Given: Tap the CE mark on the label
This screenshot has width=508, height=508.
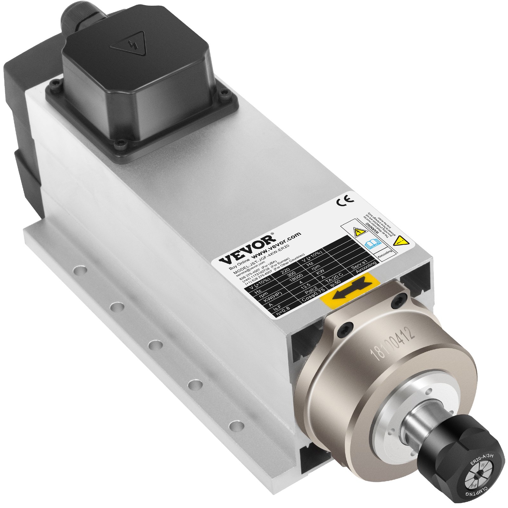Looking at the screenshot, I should point(345,200).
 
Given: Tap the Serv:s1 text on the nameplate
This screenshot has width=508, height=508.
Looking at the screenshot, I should point(359,265).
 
